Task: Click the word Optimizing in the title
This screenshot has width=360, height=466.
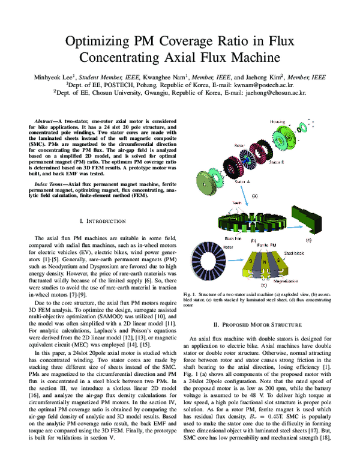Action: click(97, 42)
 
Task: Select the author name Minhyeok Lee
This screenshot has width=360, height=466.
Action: click(52, 77)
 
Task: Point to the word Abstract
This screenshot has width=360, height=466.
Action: click(46, 121)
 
